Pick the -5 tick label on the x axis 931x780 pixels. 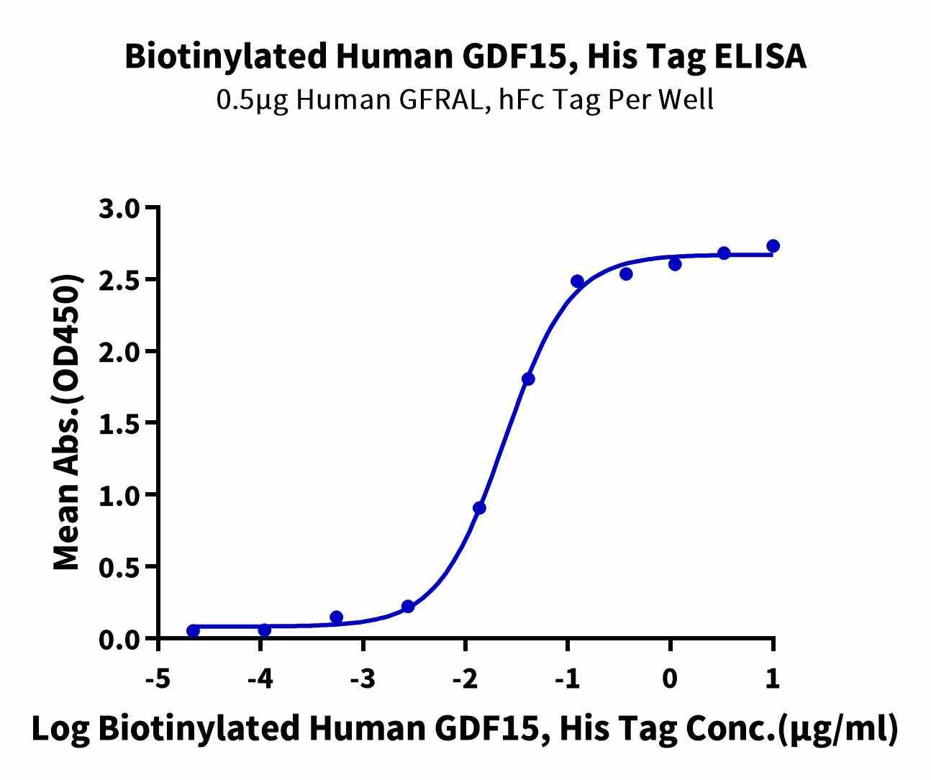coord(157,679)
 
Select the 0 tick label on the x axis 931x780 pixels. coord(671,679)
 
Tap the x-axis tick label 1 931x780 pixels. coord(773,679)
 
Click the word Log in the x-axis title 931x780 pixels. coord(60,729)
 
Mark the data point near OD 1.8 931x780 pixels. coord(528,379)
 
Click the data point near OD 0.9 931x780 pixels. coord(480,508)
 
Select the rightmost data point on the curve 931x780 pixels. coord(773,246)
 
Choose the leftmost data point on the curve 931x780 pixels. coord(193,631)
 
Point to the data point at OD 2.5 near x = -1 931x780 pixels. coord(577,281)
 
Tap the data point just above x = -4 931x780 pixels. coord(264,630)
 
